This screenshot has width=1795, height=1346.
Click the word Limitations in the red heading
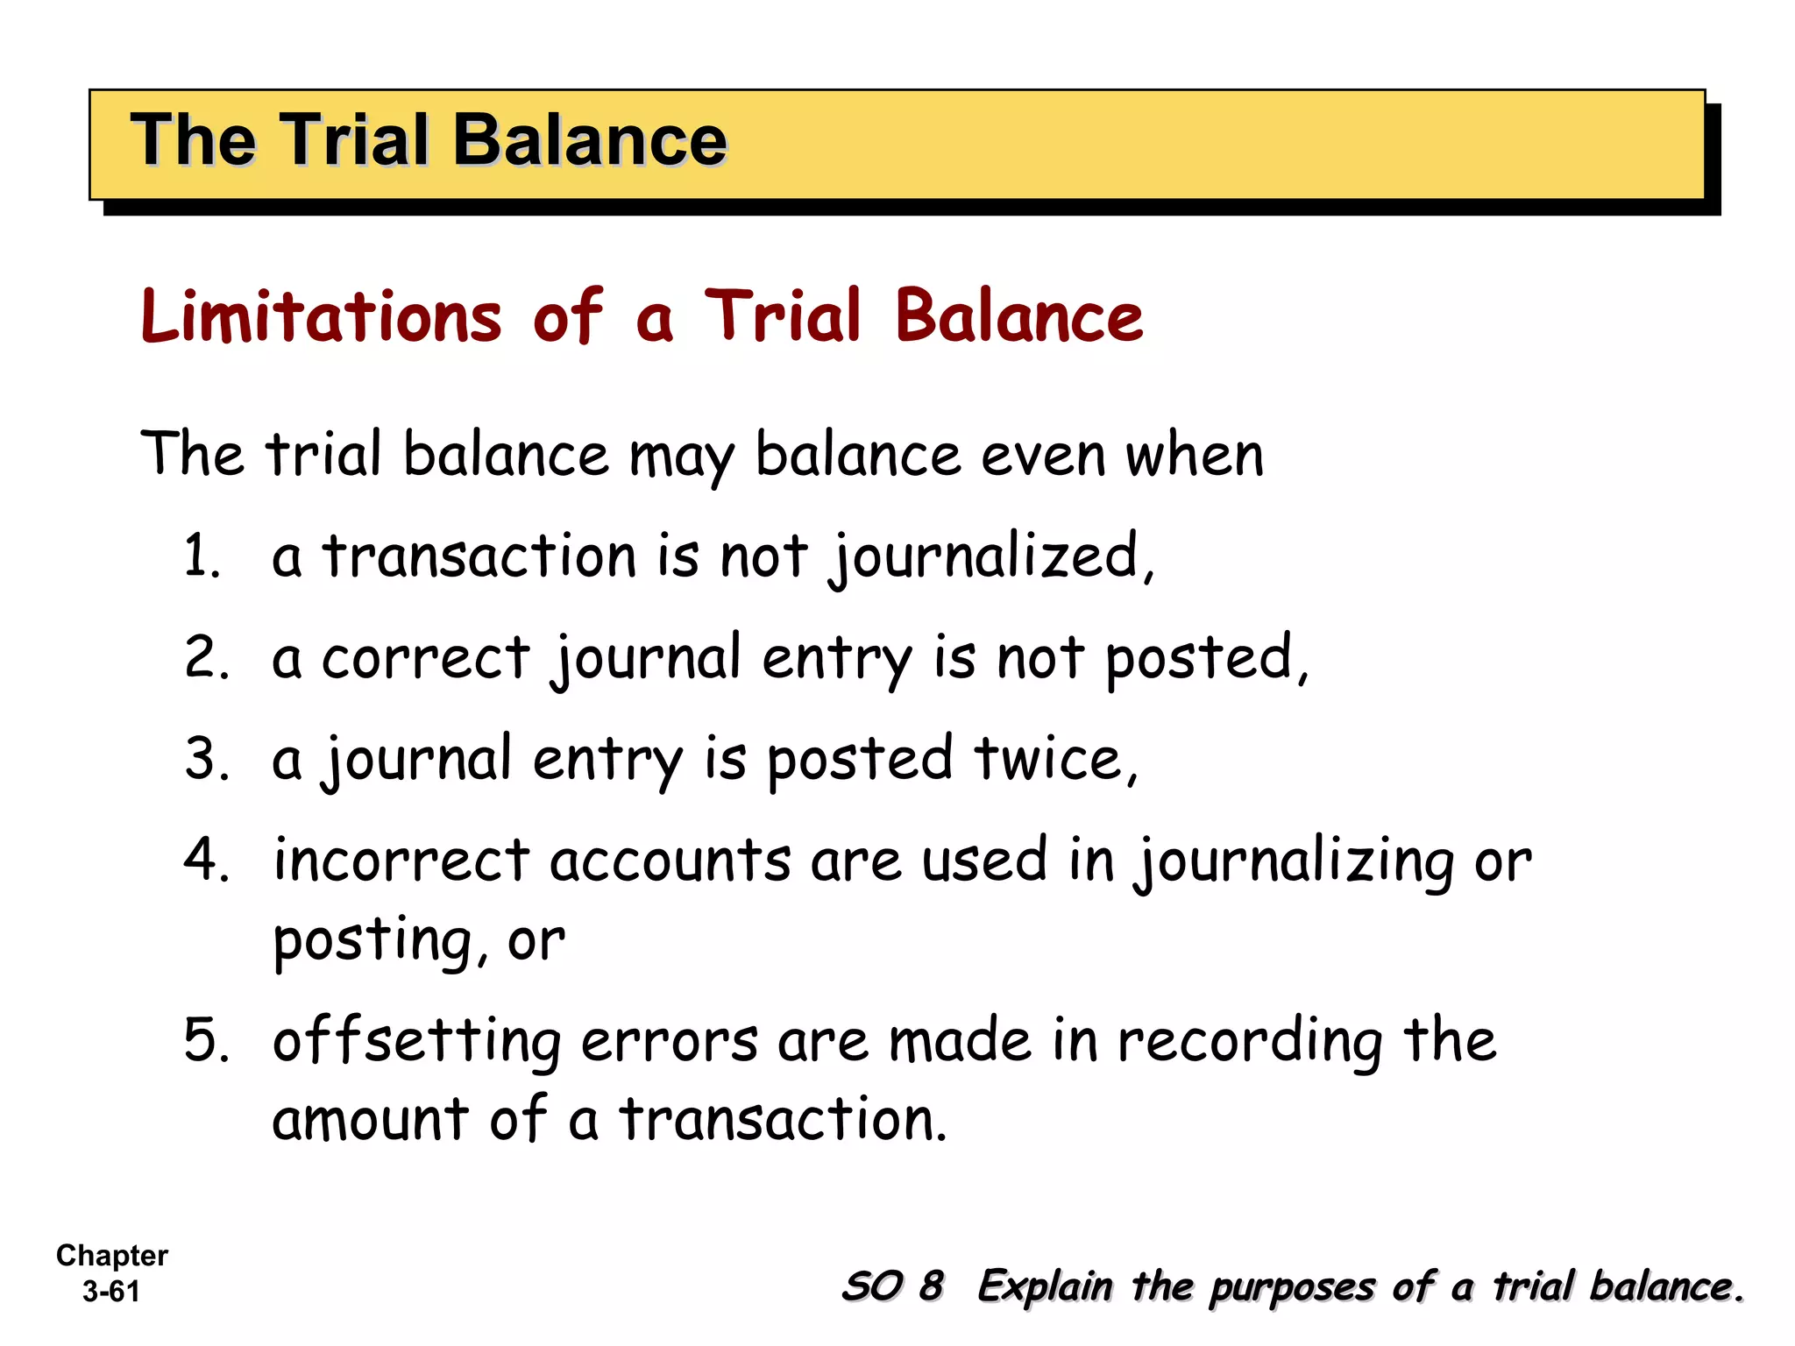click(x=321, y=316)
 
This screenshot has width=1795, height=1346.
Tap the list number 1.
click(x=200, y=556)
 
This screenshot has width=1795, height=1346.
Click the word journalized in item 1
click(x=985, y=558)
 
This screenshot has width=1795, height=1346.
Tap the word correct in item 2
click(x=425, y=658)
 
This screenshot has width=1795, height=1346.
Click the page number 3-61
click(x=111, y=1292)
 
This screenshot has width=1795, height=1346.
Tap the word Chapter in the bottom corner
click(x=111, y=1256)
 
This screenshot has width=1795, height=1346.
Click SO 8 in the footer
click(x=891, y=1286)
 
